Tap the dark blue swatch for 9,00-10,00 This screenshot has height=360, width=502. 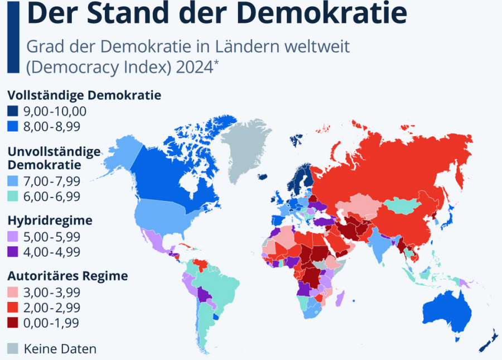click(13, 111)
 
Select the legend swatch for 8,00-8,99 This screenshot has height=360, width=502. click(13, 127)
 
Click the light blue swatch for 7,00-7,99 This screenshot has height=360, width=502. click(13, 180)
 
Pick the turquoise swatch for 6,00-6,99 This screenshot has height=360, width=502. click(13, 196)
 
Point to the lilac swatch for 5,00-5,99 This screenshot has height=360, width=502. click(13, 236)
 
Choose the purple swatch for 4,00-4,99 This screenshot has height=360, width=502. click(13, 252)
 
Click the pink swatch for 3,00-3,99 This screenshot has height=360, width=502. click(13, 292)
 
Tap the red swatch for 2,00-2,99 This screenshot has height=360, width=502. click(13, 308)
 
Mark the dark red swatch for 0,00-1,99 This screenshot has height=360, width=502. click(13, 323)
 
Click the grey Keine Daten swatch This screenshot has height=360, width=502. click(13, 349)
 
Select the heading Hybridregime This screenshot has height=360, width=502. click(50, 220)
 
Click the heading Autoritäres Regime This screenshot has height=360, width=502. click(67, 276)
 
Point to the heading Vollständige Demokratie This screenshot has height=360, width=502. click(84, 95)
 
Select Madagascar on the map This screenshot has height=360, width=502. click(339, 298)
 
